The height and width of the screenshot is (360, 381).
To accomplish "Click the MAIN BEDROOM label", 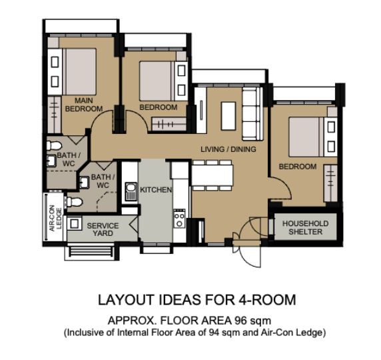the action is [x=84, y=105].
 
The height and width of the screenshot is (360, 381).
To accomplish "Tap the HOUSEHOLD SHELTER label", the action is [x=306, y=227].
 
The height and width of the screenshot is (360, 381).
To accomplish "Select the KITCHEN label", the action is [x=156, y=190].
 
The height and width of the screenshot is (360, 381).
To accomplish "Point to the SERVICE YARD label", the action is [x=103, y=229].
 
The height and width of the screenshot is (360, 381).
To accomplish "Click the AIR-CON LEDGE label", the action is [x=55, y=218].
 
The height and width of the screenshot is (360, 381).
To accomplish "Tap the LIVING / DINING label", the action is [x=228, y=149].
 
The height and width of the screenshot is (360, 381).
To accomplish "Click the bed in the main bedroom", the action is [x=79, y=72].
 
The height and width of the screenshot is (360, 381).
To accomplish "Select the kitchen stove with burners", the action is [x=179, y=218].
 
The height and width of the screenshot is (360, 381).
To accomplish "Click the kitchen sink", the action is [x=131, y=191].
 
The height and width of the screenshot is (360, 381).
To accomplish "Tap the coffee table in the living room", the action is [x=228, y=116].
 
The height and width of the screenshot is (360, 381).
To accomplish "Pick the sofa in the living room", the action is [x=252, y=113].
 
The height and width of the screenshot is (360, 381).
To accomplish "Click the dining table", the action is [x=212, y=175].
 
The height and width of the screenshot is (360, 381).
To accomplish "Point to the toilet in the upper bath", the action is [x=54, y=145].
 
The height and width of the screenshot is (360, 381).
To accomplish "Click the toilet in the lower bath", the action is [x=75, y=201].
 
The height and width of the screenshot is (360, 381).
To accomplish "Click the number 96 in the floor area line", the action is [x=240, y=321].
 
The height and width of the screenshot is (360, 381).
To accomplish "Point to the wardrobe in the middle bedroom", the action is [x=169, y=125].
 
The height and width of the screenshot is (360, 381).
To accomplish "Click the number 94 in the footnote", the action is [x=214, y=333].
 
